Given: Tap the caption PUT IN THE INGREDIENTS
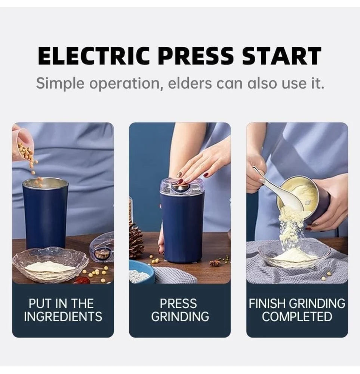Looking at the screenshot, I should pyautogui.click(x=63, y=310).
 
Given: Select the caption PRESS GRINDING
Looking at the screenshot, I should pyautogui.click(x=180, y=310).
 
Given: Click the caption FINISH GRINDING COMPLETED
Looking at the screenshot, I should pyautogui.click(x=297, y=310).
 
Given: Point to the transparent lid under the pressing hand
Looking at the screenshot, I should pyautogui.click(x=182, y=187).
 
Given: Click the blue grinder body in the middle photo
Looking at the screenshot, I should pyautogui.click(x=182, y=228).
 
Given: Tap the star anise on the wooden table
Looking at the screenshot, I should pyautogui.click(x=215, y=263).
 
